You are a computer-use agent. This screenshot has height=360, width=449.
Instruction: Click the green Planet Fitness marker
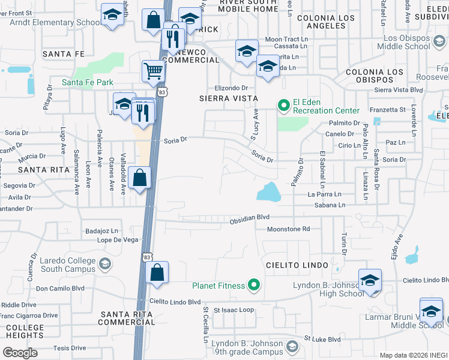coord(253,286)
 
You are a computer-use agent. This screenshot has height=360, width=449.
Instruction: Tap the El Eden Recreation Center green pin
coord(283,106)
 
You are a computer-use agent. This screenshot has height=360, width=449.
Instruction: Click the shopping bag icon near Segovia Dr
coord(139,178)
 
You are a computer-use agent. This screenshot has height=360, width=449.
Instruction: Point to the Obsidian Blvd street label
coord(249,221)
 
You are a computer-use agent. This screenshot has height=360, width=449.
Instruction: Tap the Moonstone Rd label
coord(288,229)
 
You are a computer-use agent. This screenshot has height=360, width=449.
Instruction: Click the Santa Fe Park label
coord(87,82)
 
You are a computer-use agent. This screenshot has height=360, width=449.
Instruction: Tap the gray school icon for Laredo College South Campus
coord(104,264)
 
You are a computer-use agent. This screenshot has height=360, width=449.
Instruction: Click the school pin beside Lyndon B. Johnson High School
coord(370,280)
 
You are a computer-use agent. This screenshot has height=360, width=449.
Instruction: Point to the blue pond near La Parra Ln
coord(270,192)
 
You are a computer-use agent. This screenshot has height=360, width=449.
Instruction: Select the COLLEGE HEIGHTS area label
coord(25,332)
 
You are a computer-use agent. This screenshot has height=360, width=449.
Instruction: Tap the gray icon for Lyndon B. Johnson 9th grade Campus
coord(292,347)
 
